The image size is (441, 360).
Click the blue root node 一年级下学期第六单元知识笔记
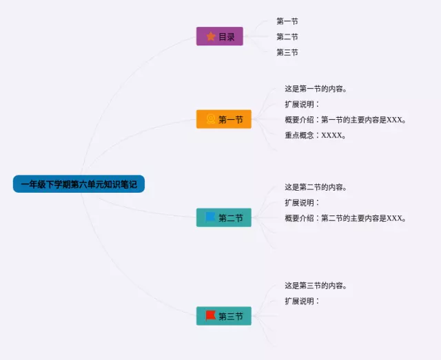(x=79, y=184)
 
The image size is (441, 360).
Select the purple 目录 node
(x=219, y=36)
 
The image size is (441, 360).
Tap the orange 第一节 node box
(x=223, y=119)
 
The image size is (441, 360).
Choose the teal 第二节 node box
(x=223, y=218)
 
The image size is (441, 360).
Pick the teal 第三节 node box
(x=223, y=316)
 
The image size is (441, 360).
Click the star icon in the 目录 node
(x=211, y=36)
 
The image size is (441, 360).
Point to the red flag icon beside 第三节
(x=210, y=316)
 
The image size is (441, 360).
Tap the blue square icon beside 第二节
(x=210, y=218)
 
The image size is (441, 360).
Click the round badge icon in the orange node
(x=210, y=119)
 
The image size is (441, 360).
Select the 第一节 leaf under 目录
(x=287, y=21)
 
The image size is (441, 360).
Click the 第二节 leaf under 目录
(x=287, y=36)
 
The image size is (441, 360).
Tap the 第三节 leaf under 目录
(x=287, y=52)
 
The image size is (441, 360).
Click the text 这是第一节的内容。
(x=316, y=88)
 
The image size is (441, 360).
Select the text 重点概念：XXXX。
(x=315, y=135)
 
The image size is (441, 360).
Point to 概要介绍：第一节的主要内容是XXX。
(x=345, y=120)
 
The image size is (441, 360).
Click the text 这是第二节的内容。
(x=316, y=187)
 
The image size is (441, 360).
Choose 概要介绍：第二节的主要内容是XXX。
(x=345, y=218)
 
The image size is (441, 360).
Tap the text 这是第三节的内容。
(x=316, y=285)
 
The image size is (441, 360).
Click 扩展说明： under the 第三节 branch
(x=302, y=301)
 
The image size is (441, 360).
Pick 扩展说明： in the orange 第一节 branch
(x=302, y=104)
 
